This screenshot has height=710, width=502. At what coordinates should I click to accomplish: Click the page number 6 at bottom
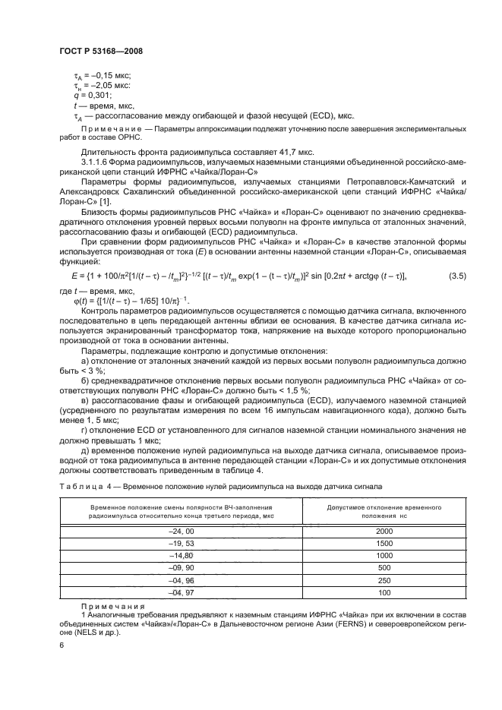[x=62, y=644]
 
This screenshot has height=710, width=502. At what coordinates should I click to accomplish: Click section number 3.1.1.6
[x=97, y=162]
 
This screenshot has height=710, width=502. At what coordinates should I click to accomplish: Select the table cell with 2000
[x=384, y=532]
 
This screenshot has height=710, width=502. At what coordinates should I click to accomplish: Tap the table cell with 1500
[x=384, y=544]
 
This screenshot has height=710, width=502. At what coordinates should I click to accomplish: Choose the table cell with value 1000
[x=384, y=556]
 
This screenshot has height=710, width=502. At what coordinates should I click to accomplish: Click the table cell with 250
[x=384, y=580]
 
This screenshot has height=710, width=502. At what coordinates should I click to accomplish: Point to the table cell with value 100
[x=384, y=592]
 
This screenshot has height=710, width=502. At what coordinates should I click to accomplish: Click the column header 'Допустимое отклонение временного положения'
[x=384, y=510]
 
